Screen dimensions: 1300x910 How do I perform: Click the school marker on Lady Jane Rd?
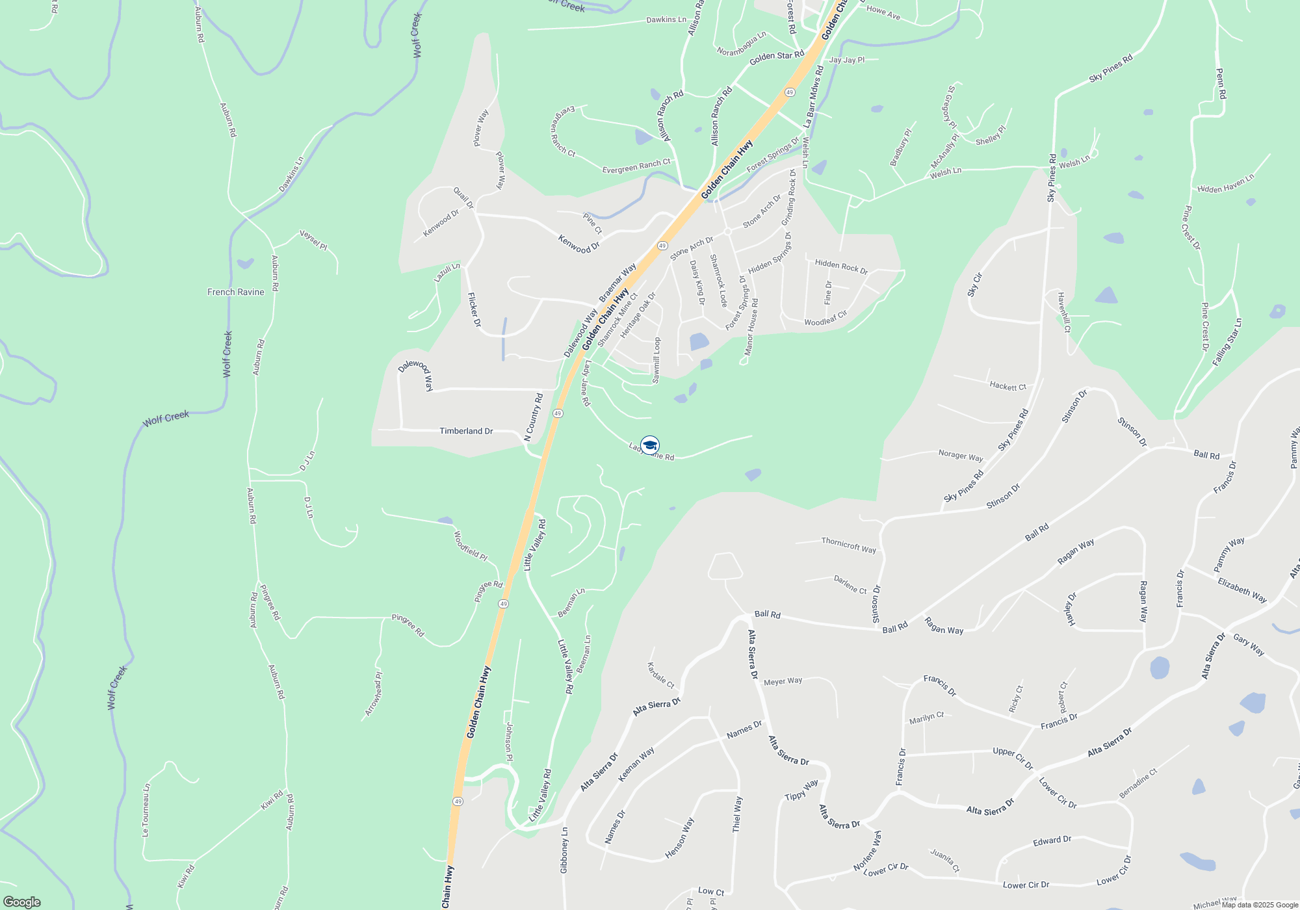click(x=650, y=445)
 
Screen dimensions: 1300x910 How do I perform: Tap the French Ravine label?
click(x=235, y=292)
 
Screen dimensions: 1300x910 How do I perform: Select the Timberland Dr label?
click(x=466, y=431)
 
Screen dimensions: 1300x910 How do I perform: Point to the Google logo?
click(x=21, y=902)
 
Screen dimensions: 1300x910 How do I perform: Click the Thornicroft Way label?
click(x=848, y=545)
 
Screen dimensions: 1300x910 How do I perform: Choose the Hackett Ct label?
click(x=1007, y=386)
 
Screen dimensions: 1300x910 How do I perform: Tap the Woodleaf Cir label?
click(x=825, y=318)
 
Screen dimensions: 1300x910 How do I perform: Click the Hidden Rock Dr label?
click(x=841, y=266)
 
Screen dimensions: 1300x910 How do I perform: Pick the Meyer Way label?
click(x=783, y=681)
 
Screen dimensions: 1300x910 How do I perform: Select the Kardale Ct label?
click(x=660, y=675)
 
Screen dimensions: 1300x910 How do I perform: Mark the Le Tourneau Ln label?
click(x=146, y=810)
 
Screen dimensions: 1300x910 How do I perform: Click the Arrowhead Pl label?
click(x=374, y=694)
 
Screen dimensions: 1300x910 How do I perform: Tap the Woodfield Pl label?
click(x=470, y=546)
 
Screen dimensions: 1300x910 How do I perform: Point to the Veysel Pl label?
click(x=313, y=240)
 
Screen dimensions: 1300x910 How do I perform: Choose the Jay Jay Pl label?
click(x=847, y=60)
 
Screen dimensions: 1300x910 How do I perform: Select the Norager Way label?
click(x=960, y=456)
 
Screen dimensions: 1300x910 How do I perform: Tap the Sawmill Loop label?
click(x=656, y=360)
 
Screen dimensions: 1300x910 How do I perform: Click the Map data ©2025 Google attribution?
click(x=1260, y=905)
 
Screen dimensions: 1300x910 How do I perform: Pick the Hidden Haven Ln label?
click(x=1225, y=184)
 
